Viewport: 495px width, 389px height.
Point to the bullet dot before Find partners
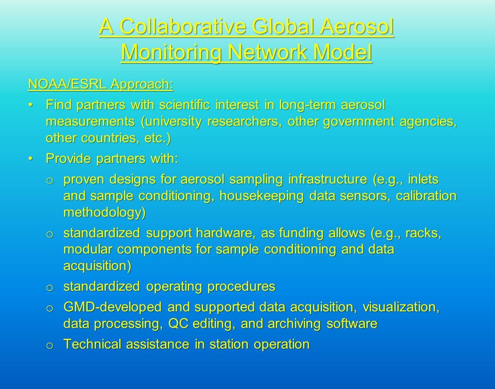click(31, 105)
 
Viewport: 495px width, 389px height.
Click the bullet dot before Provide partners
click(31, 158)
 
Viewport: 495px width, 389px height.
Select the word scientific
click(184, 105)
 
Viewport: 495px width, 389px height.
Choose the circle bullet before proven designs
click(49, 181)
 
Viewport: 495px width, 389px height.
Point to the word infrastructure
click(327, 179)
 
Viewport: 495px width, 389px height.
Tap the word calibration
click(426, 196)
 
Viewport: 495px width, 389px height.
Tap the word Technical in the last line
click(92, 344)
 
